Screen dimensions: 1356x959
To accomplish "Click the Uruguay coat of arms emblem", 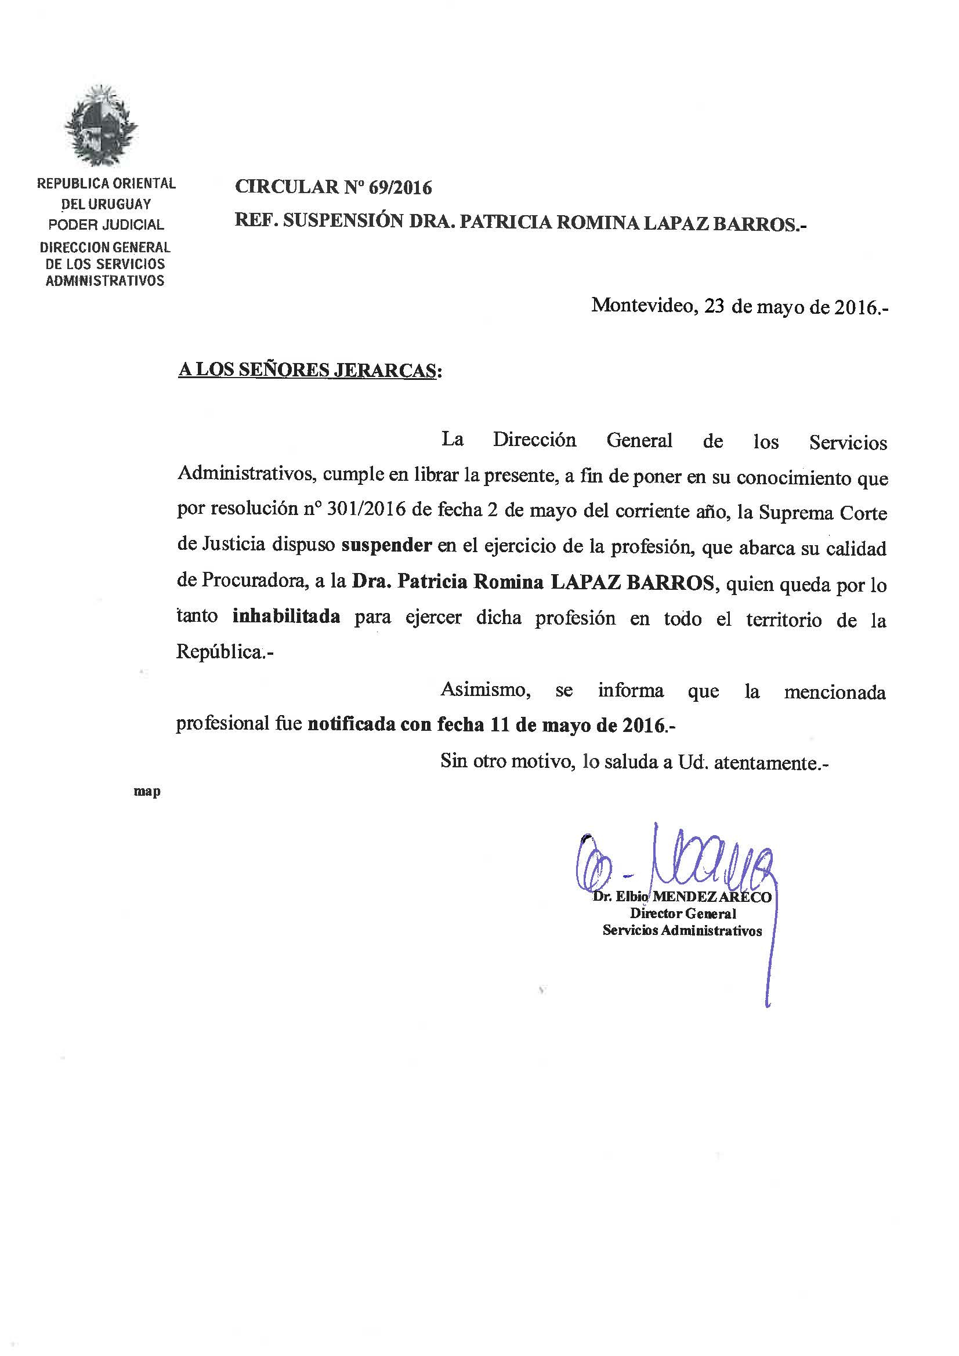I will tap(101, 125).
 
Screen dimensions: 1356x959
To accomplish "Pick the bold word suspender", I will tap(386, 545).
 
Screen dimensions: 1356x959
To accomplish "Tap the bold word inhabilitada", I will tap(287, 617).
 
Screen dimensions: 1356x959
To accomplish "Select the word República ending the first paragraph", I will tap(219, 652).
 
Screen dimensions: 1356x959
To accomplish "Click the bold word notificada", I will tap(351, 725).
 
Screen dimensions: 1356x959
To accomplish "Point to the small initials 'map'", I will tap(147, 792).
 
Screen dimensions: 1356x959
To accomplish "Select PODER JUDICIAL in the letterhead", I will tap(106, 225).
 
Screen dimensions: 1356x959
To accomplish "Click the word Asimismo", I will tap(484, 690).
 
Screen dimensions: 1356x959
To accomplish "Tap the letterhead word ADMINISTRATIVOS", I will tap(105, 281).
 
